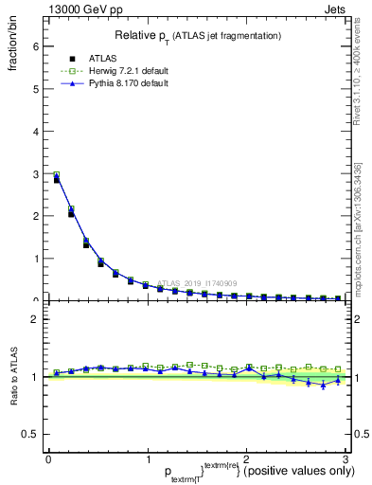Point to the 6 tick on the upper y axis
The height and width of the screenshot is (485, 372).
tap(35, 45)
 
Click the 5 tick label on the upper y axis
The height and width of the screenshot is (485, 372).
tap(35, 88)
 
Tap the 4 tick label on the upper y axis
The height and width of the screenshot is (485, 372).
tap(35, 131)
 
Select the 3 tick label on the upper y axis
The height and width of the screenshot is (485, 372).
tap(35, 173)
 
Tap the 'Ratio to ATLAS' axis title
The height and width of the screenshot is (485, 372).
tap(15, 377)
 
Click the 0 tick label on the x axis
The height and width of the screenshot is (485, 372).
tap(48, 459)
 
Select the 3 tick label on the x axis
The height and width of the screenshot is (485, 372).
tap(346, 459)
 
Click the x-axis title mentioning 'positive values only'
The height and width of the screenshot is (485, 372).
tap(246, 471)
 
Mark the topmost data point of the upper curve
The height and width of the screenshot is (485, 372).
tap(57, 176)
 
